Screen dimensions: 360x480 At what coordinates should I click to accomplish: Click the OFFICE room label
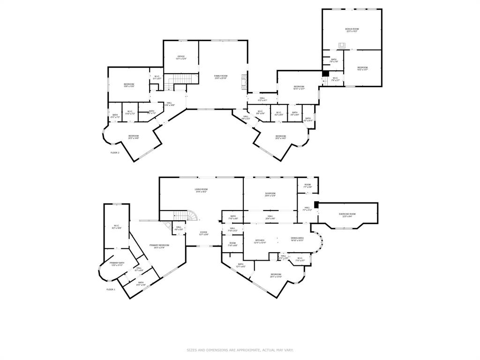181,56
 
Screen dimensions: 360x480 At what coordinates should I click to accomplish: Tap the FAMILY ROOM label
221,76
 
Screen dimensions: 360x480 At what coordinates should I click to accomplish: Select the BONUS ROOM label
352,29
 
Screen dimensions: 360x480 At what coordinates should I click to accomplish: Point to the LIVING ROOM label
201,189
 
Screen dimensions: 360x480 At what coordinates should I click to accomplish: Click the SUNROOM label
270,193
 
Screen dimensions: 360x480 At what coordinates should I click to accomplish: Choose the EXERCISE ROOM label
347,214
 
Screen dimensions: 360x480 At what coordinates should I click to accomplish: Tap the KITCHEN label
260,240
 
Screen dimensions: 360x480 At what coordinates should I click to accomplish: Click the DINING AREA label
297,238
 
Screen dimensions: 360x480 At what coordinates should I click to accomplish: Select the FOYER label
203,232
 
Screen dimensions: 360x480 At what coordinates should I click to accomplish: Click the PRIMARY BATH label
117,263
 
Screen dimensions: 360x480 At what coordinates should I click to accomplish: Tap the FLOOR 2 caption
115,153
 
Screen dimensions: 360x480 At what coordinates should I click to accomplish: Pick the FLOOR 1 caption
111,290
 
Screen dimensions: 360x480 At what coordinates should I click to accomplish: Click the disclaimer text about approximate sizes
240,350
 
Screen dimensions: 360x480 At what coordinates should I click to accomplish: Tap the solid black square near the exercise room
316,204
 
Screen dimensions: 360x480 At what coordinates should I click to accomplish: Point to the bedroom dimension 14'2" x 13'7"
362,70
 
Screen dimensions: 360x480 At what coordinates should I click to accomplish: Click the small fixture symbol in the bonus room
343,45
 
